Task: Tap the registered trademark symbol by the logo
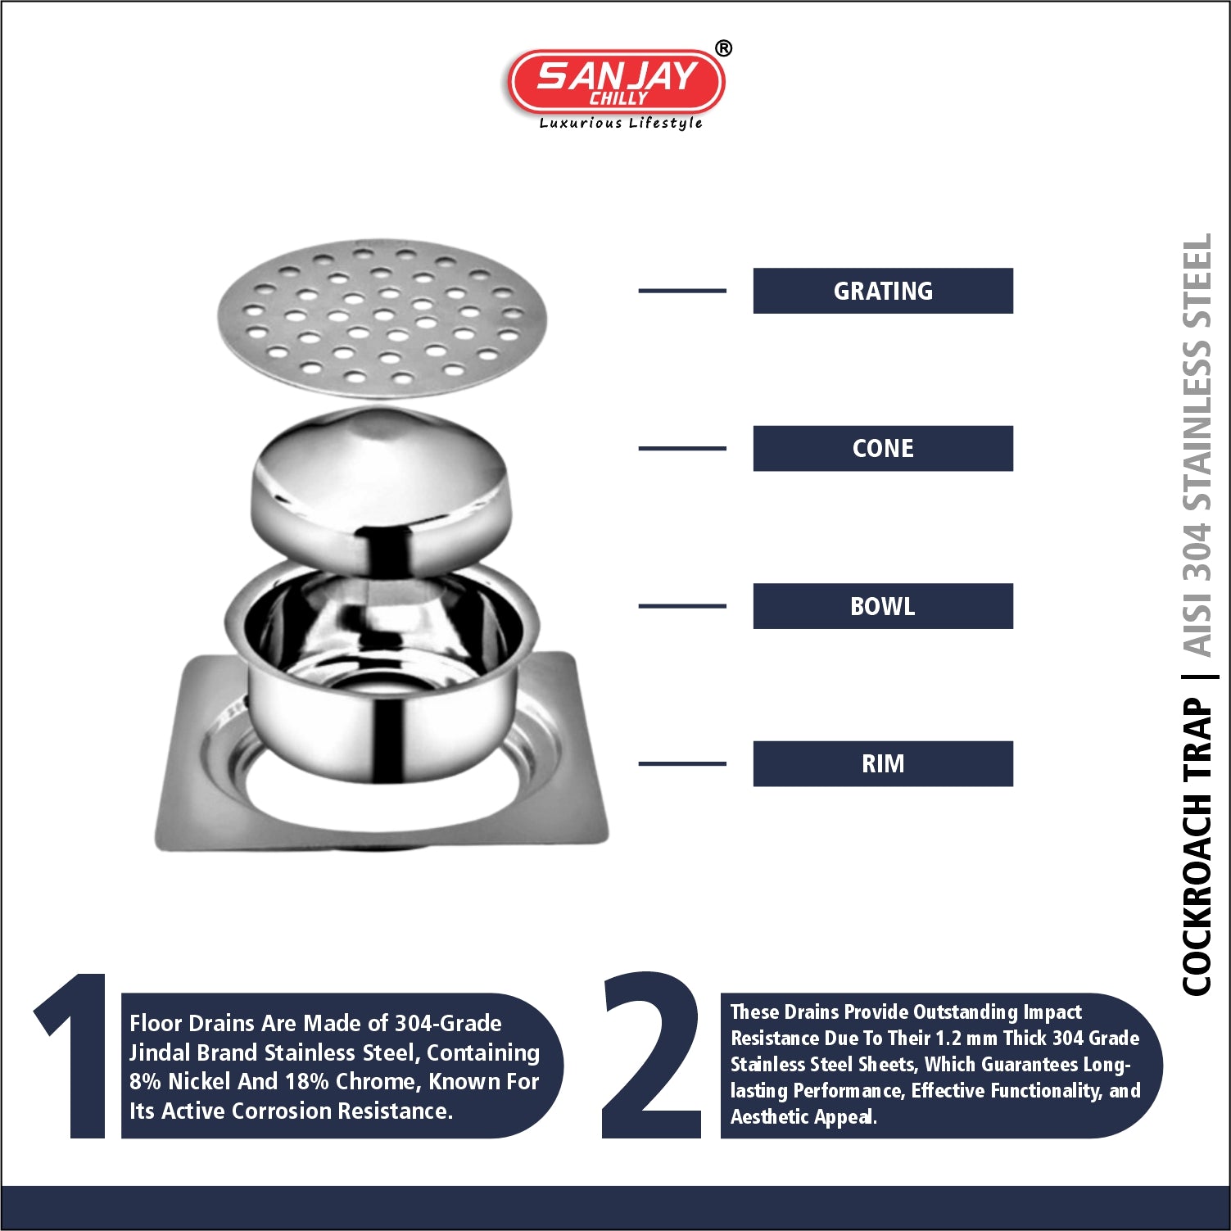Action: coord(723,48)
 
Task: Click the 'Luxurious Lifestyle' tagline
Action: coord(621,123)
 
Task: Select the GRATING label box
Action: coord(883,291)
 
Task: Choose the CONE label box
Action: coord(883,448)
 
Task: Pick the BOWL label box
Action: coord(883,606)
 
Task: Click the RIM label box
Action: coord(883,763)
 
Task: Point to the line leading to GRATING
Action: coord(682,291)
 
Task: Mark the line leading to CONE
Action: coord(682,448)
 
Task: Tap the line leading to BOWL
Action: coord(682,606)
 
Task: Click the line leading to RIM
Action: coord(682,763)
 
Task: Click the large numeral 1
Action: coord(74,1056)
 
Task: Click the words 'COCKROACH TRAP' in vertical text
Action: coord(1197,847)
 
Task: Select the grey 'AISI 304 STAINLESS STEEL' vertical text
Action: coord(1197,446)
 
